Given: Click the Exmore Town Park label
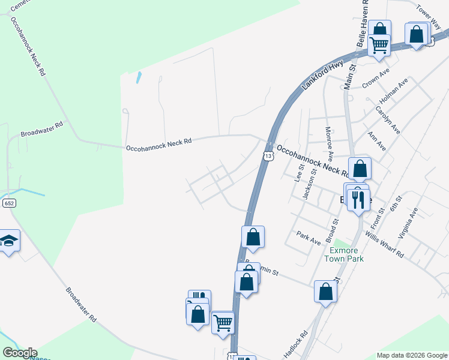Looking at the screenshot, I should click(x=344, y=254).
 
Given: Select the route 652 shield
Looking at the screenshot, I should click(x=8, y=204).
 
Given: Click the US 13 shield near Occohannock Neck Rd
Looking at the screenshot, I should click(x=268, y=155).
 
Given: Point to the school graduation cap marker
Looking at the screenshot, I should click(x=8, y=241).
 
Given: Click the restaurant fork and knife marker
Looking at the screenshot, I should click(x=359, y=199).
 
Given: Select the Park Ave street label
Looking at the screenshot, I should click(x=308, y=239).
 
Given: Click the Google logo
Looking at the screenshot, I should click(x=20, y=353).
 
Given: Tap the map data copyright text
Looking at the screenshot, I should click(x=412, y=355).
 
